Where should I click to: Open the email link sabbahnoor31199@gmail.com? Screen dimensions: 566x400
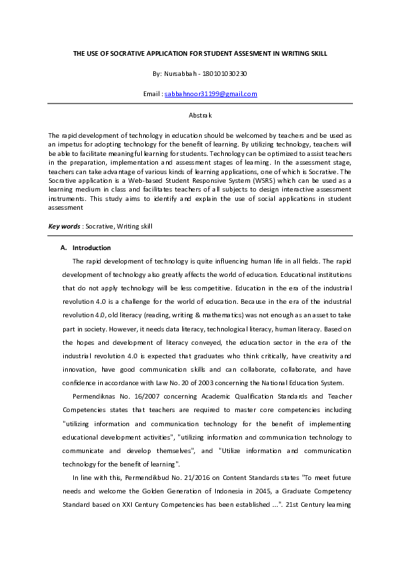pyautogui.click(x=210, y=94)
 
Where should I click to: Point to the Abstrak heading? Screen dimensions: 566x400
pyautogui.click(x=200, y=115)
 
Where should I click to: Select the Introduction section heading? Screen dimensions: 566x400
pyautogui.click(x=91, y=248)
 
